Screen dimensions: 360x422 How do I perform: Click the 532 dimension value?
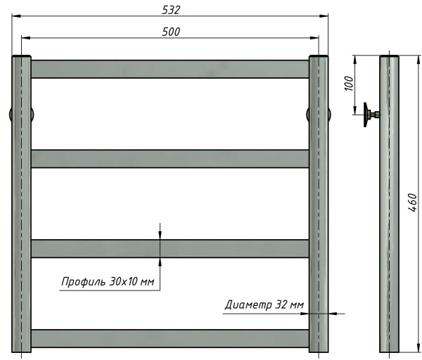tap(171, 9)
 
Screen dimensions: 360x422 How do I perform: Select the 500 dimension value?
tap(171, 32)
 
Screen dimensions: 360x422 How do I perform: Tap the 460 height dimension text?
tap(411, 205)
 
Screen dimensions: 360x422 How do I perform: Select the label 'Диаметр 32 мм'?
tap(264, 304)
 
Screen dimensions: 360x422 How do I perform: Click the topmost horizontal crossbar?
tap(170, 69)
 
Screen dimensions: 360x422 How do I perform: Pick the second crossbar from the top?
tap(170, 158)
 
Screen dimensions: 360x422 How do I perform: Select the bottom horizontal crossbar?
tap(170, 338)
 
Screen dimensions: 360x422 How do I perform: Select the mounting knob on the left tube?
tap(11, 115)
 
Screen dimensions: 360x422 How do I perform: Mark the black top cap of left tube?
tap(21, 56)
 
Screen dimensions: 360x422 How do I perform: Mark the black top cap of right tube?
tap(319, 56)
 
